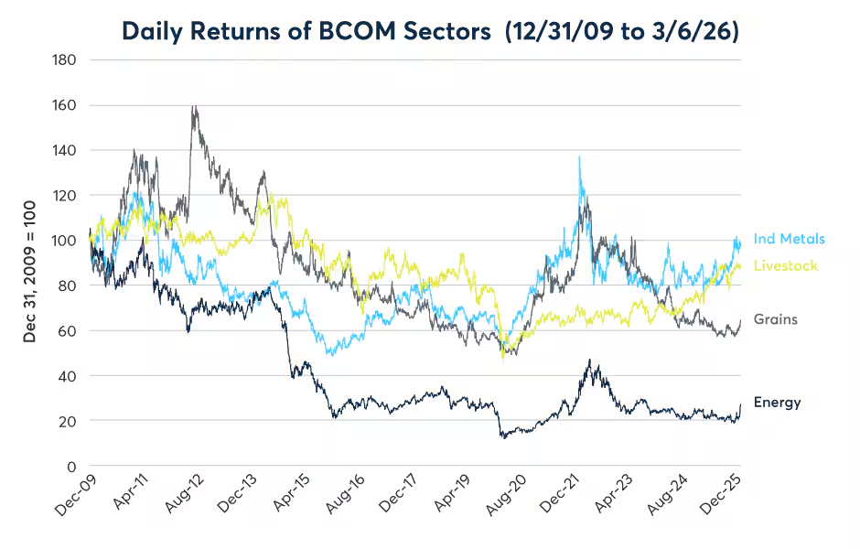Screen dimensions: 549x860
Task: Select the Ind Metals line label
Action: point(789,240)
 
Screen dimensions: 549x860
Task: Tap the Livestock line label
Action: point(785,265)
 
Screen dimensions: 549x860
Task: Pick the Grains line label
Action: point(775,319)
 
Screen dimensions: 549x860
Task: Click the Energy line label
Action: point(777,402)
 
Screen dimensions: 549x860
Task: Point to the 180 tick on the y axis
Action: point(65,60)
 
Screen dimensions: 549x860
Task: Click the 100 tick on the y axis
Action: point(65,241)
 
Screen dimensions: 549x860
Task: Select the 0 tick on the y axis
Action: point(71,466)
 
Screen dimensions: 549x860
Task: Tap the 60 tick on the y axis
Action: point(68,330)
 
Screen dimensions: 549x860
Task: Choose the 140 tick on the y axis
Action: point(65,150)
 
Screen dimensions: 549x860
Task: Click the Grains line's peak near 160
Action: point(193,106)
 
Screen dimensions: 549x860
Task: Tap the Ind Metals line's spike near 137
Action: point(579,157)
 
